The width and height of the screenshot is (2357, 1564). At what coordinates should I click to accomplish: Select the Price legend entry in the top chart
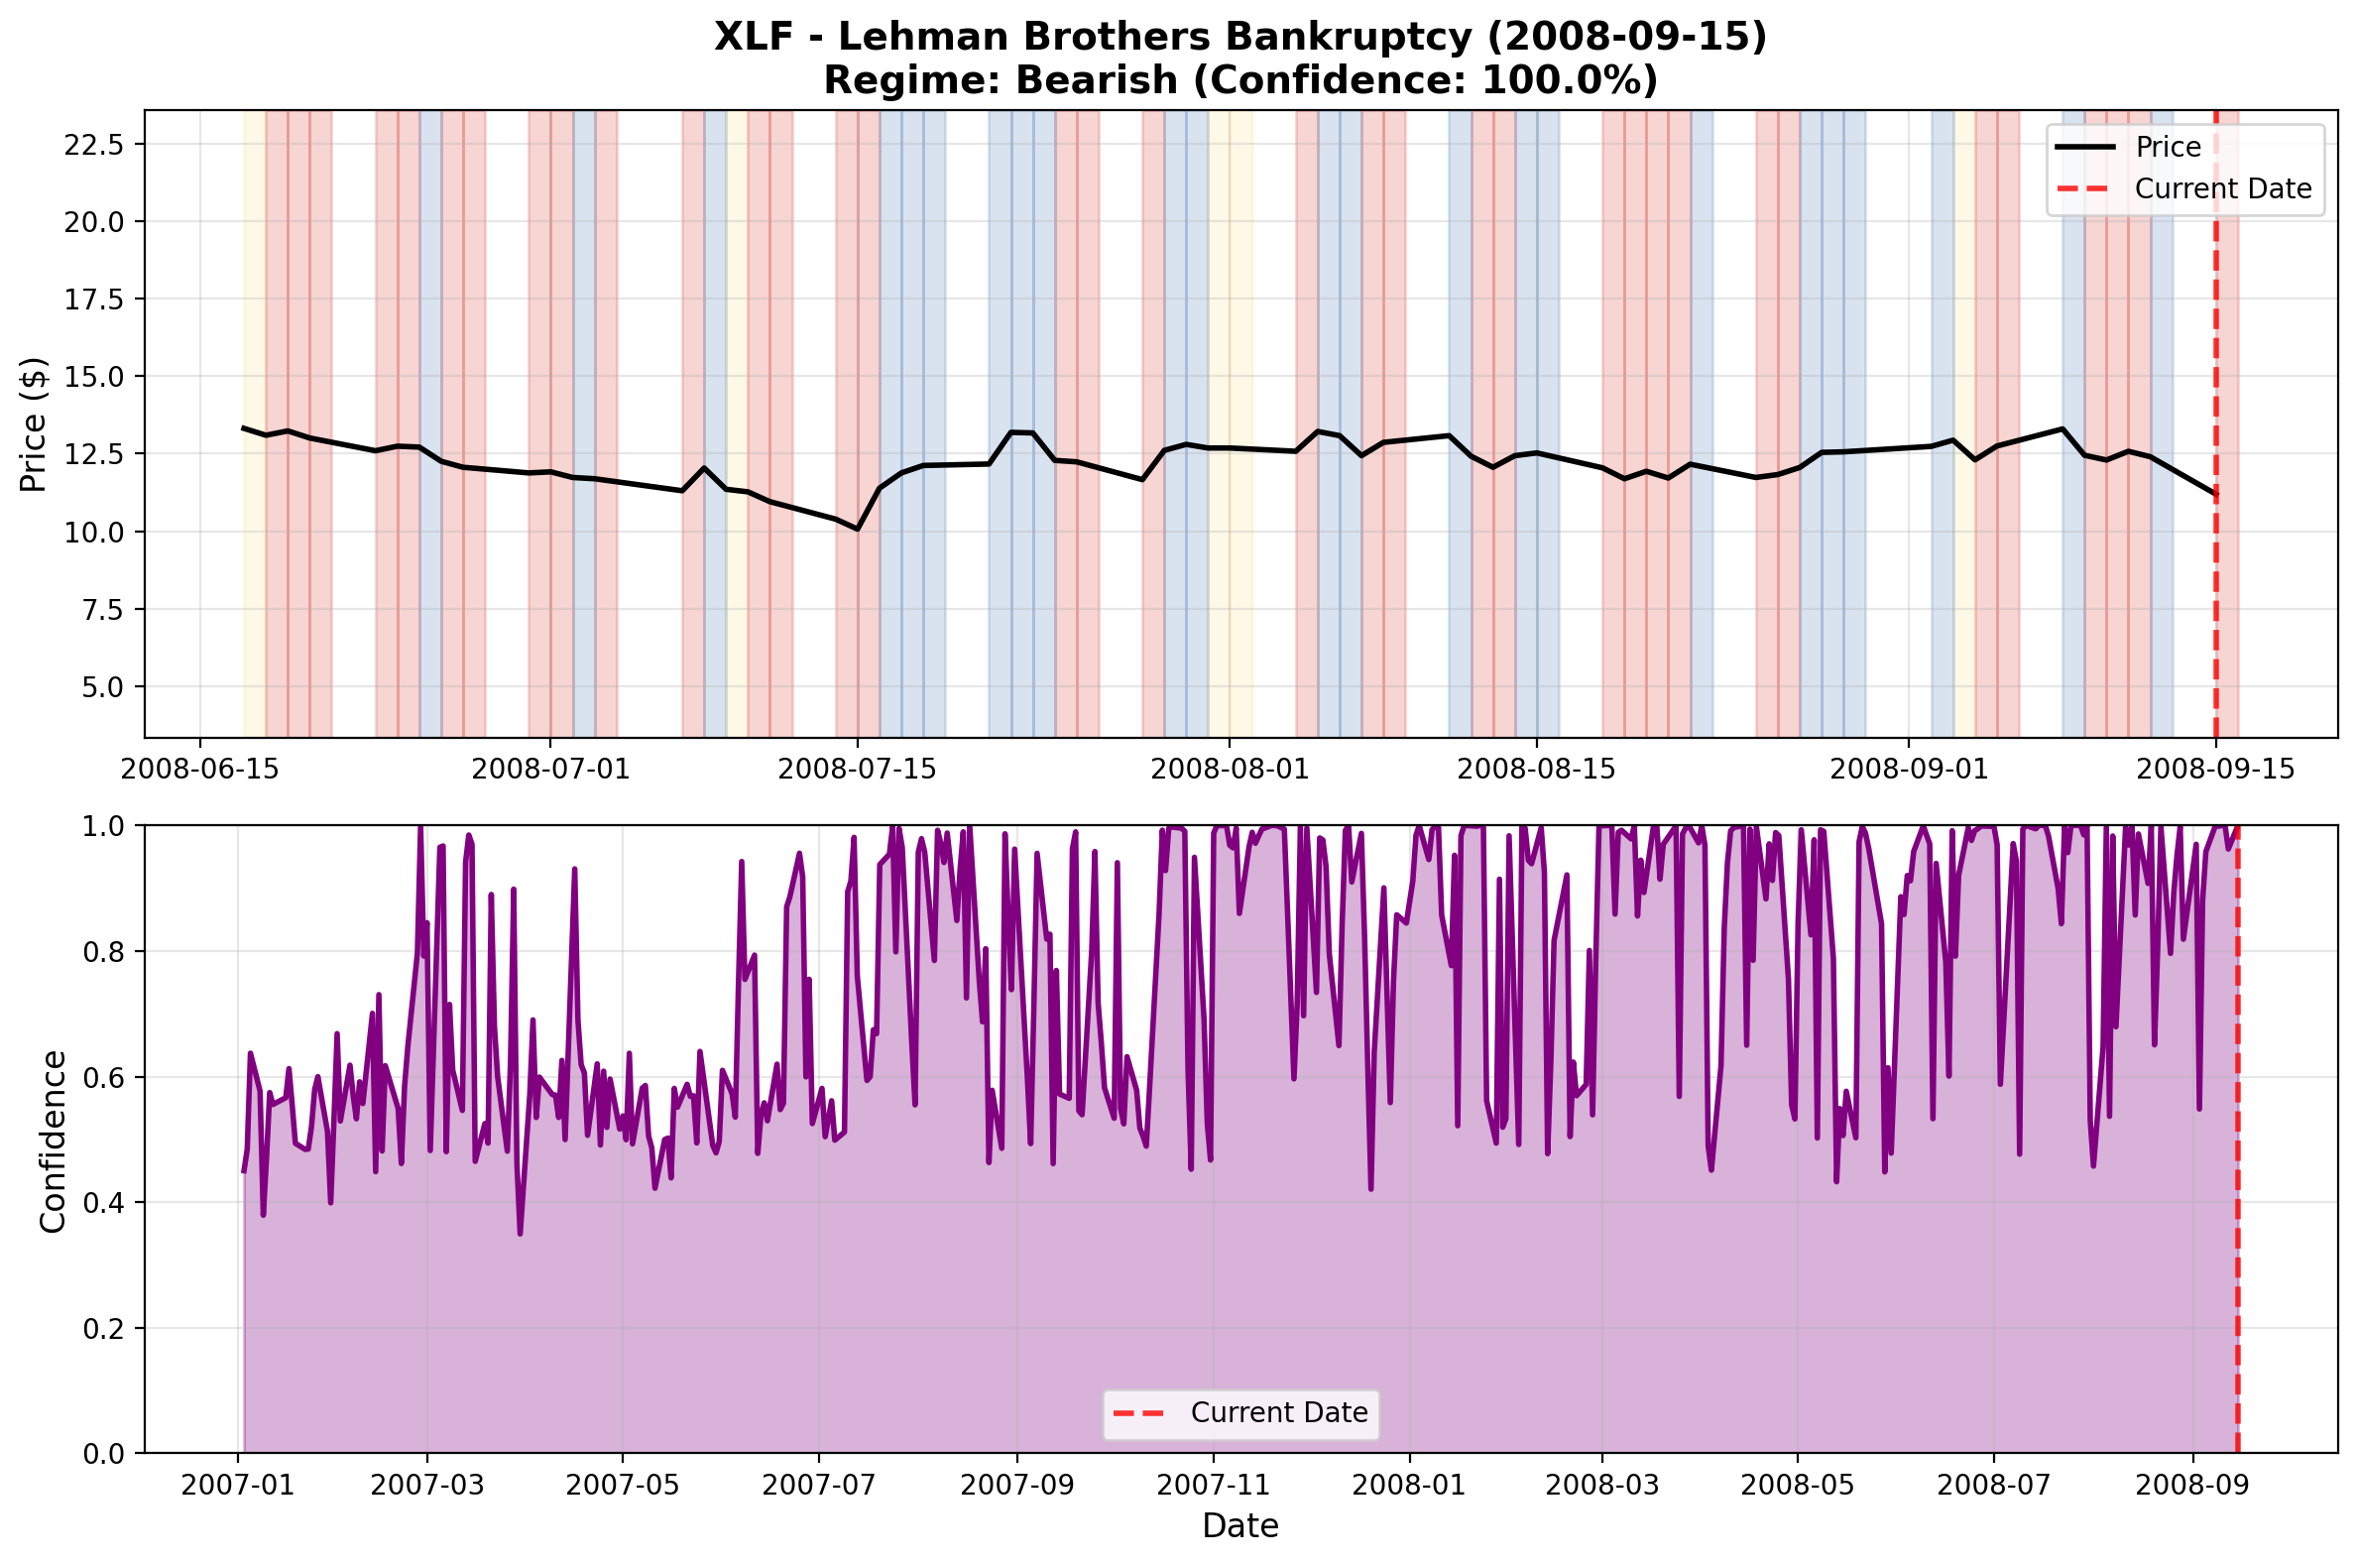(x=2167, y=147)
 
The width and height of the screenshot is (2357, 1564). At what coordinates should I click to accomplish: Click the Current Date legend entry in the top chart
(x=2221, y=188)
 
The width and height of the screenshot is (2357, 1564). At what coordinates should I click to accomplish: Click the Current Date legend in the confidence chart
(x=1278, y=1413)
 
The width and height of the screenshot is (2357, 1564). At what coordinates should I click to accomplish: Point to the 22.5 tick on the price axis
(x=94, y=144)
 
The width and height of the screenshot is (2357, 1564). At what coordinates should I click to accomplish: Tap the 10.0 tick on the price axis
(x=94, y=532)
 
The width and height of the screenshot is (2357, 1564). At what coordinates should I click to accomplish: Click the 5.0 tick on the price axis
(x=104, y=687)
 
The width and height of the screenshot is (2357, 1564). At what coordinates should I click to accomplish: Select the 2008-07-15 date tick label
(x=857, y=769)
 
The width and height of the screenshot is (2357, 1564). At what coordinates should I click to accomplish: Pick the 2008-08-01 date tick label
(x=1229, y=769)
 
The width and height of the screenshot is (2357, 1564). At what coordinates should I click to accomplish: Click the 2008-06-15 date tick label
(x=199, y=769)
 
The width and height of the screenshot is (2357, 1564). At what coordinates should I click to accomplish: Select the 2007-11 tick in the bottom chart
(x=1214, y=1485)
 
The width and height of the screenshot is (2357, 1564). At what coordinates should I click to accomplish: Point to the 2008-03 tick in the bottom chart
(x=1602, y=1485)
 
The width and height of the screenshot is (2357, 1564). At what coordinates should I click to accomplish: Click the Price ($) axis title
(x=34, y=423)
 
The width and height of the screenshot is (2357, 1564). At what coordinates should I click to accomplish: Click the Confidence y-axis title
(x=53, y=1141)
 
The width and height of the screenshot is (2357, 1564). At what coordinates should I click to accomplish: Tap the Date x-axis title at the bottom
(x=1239, y=1526)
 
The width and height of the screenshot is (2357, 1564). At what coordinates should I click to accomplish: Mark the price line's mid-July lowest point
(x=857, y=529)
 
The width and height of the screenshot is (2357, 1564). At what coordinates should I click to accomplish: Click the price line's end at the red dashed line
(x=2215, y=494)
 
